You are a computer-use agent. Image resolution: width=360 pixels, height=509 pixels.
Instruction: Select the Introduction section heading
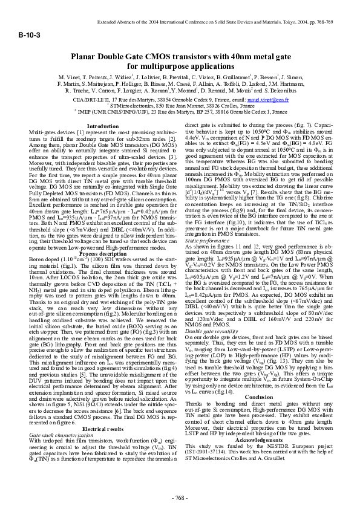coord(103,126)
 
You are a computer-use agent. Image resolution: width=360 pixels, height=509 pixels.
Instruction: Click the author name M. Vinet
coord(69,78)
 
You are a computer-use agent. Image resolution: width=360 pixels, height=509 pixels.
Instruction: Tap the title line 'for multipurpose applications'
coord(180,66)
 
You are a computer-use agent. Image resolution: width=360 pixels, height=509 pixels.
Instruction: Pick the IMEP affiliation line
coord(180,111)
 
